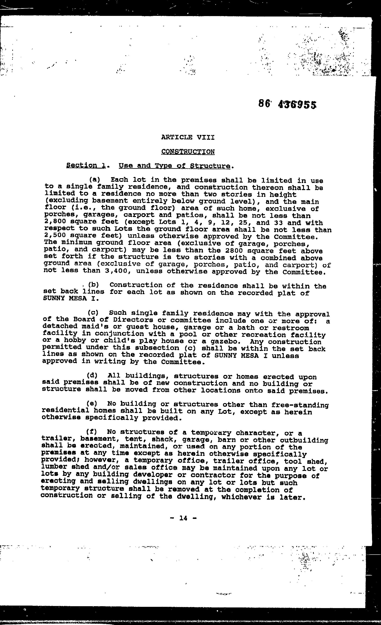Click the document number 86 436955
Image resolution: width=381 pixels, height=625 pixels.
click(x=287, y=104)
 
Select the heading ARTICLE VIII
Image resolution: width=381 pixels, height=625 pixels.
click(x=188, y=137)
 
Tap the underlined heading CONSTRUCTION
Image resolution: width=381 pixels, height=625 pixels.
click(x=188, y=152)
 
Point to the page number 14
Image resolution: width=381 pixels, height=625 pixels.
click(x=183, y=518)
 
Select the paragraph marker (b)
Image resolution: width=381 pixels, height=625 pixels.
click(x=93, y=285)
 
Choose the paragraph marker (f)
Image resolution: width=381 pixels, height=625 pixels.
click(x=91, y=432)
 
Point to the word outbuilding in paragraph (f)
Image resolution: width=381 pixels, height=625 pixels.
click(x=304, y=440)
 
